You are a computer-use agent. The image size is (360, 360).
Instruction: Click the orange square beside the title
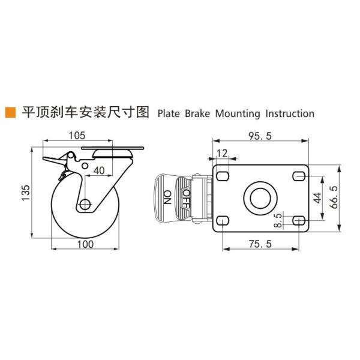pyautogui.click(x=10, y=112)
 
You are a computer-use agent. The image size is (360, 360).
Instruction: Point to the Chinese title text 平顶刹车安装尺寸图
pyautogui.click(x=85, y=112)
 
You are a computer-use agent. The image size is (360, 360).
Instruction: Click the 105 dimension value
pyautogui.click(x=77, y=136)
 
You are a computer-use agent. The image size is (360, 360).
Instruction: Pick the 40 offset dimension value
pyautogui.click(x=99, y=170)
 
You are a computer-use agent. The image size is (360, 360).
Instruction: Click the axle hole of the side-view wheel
pyautogui.click(x=85, y=205)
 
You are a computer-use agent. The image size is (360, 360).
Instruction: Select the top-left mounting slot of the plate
pyautogui.click(x=223, y=175)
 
